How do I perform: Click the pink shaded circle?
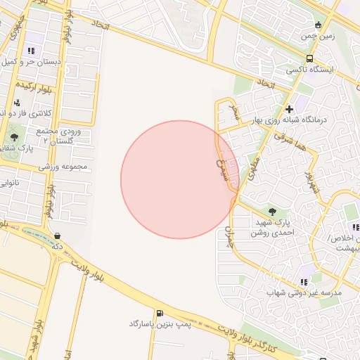pyautogui.click(x=179, y=179)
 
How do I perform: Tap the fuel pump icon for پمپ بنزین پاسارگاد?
pyautogui.click(x=160, y=312)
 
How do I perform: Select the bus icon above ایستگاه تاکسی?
pyautogui.click(x=310, y=59)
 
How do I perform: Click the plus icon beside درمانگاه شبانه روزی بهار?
pyautogui.click(x=289, y=109)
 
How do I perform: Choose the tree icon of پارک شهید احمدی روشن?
pyautogui.click(x=272, y=210)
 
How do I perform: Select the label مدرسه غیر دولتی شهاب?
pyautogui.click(x=304, y=292)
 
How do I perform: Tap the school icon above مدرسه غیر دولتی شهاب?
pyautogui.click(x=304, y=281)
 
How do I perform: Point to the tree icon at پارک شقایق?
pyautogui.click(x=15, y=137)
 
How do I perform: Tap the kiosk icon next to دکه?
pyautogui.click(x=57, y=236)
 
